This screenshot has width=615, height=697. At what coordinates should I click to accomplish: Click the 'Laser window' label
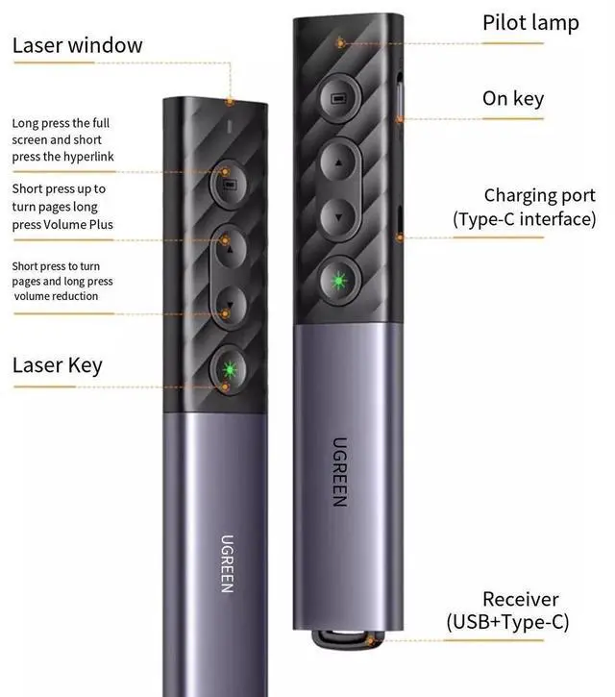(77, 45)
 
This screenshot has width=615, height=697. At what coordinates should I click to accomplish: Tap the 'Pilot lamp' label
(530, 23)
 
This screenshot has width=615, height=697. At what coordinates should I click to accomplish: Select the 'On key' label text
(512, 98)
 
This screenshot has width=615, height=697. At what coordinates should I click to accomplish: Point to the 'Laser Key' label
(57, 365)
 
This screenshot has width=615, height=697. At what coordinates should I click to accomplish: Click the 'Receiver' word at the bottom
(520, 600)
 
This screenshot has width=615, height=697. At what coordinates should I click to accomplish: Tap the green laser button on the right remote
(338, 283)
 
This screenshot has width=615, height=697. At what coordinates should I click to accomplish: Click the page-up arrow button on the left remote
(228, 252)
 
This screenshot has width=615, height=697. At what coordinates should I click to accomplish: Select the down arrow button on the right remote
(338, 215)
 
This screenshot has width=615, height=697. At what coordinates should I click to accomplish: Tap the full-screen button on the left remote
(228, 181)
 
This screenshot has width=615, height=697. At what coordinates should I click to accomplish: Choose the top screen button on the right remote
(338, 98)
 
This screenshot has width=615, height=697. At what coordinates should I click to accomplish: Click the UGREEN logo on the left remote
(228, 562)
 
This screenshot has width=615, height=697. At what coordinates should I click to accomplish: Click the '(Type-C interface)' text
(525, 219)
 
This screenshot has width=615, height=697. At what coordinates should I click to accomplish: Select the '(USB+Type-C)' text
(507, 622)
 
